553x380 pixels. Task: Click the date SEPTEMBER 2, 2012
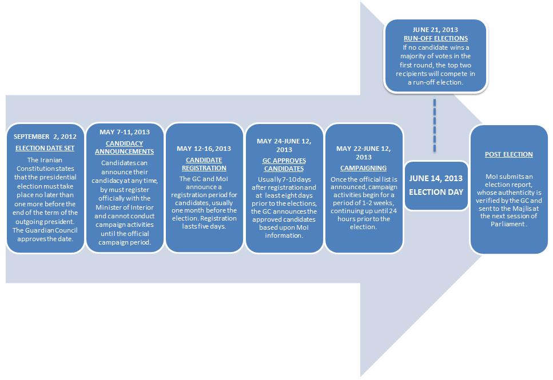click(x=45, y=137)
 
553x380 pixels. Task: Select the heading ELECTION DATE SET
click(x=45, y=148)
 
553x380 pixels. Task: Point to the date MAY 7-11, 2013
click(x=124, y=132)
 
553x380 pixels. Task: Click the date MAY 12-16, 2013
click(x=204, y=149)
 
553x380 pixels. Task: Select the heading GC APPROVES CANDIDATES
click(x=284, y=165)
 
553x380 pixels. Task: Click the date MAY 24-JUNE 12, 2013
click(x=284, y=141)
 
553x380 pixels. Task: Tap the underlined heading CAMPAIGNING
click(x=364, y=168)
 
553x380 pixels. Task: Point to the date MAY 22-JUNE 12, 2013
click(x=364, y=153)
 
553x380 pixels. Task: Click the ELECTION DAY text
click(x=435, y=192)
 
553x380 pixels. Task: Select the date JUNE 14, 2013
click(x=435, y=178)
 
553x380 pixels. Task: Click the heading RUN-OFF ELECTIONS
click(x=436, y=38)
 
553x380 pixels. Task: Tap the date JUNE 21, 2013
click(x=436, y=29)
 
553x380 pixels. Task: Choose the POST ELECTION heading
click(x=508, y=154)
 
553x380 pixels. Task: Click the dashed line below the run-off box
click(x=435, y=126)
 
